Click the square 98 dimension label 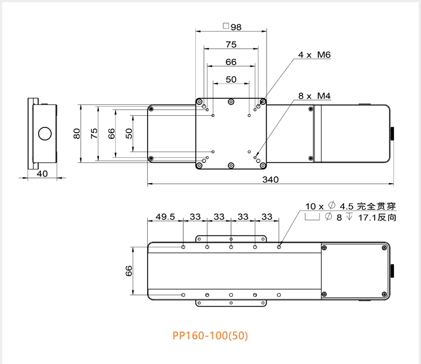(x=232, y=26)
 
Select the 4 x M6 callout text (x=314, y=55)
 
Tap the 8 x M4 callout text (x=314, y=97)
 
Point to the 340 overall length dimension (x=271, y=179)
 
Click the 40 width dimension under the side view (x=42, y=174)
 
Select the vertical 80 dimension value (x=77, y=133)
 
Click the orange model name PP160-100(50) (x=209, y=336)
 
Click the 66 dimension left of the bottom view (x=129, y=271)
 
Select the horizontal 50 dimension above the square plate (x=231, y=79)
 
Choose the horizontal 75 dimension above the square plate (x=231, y=44)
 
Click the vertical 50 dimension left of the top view (x=129, y=133)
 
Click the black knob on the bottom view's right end (x=393, y=271)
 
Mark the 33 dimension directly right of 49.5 (x=195, y=216)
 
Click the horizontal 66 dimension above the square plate (x=231, y=62)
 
